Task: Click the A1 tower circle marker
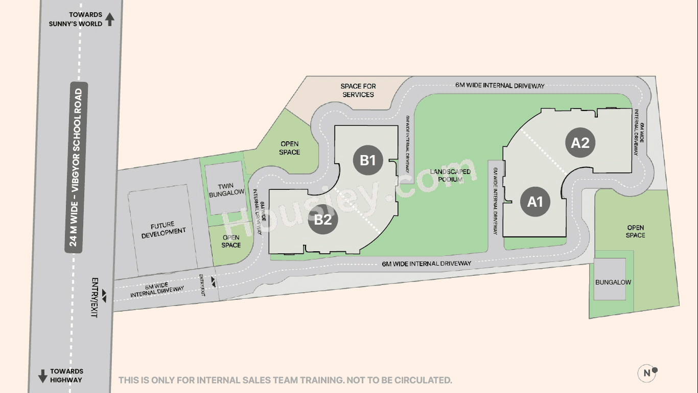click(x=535, y=202)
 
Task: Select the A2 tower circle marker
click(x=580, y=143)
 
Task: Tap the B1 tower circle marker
click(x=368, y=160)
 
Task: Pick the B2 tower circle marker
click(x=323, y=220)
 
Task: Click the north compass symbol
click(x=647, y=373)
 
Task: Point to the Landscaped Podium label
click(x=450, y=176)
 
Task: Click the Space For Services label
click(x=358, y=91)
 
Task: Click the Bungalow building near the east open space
click(x=613, y=282)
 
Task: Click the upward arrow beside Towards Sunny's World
click(x=110, y=19)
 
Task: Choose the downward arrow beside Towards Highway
click(x=42, y=376)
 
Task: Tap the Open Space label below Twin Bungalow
click(x=231, y=242)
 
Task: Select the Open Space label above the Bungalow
click(x=635, y=231)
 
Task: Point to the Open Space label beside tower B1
click(x=289, y=148)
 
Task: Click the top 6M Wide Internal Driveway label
click(x=500, y=86)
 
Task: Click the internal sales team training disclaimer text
click(x=285, y=380)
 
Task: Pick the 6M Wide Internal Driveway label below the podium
click(x=427, y=264)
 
